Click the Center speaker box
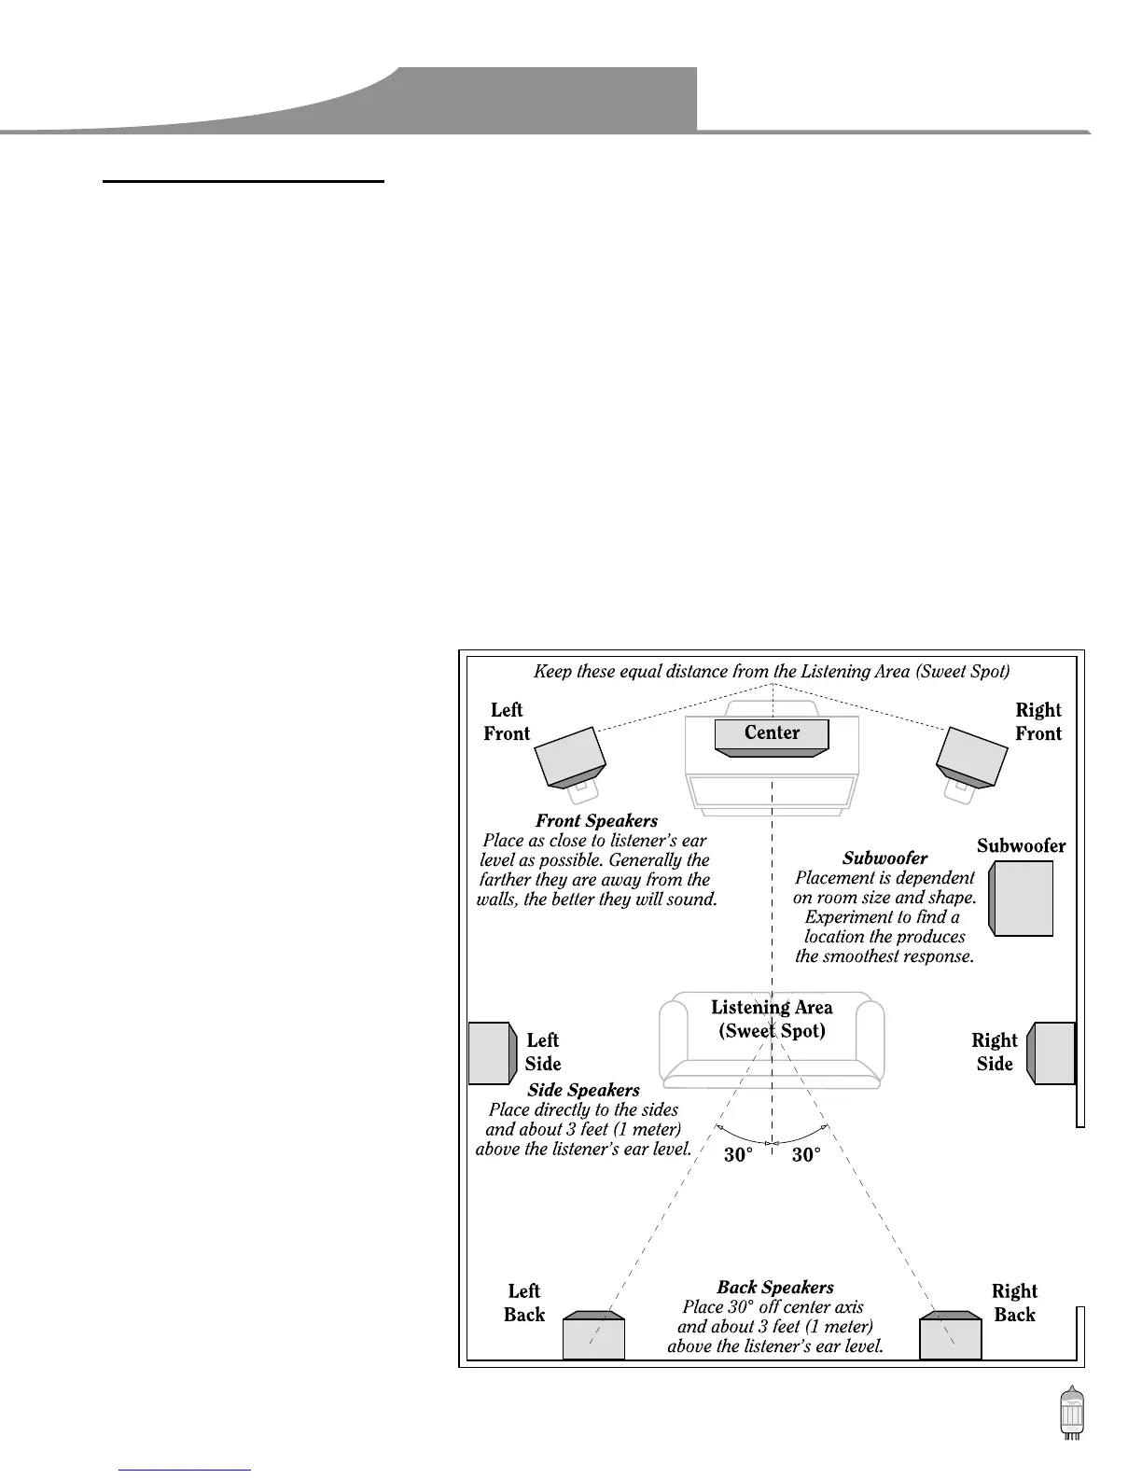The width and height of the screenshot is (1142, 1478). (772, 734)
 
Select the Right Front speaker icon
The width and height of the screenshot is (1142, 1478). (972, 758)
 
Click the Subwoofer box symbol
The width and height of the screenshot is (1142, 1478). (1023, 898)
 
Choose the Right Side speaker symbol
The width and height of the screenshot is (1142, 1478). (1051, 1053)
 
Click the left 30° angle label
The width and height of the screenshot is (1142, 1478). (738, 1155)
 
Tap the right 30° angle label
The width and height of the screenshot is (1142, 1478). (806, 1155)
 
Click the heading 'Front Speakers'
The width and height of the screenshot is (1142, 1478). (596, 821)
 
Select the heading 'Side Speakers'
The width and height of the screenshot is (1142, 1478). (583, 1090)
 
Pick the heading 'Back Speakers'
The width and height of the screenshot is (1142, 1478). (775, 1288)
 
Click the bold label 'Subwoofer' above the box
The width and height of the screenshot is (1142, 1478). (1021, 846)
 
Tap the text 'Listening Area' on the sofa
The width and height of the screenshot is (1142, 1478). (772, 1008)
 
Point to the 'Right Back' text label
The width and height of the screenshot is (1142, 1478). (1014, 1303)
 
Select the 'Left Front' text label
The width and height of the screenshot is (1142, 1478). (507, 722)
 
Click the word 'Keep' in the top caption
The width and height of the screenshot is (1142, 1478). (551, 671)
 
